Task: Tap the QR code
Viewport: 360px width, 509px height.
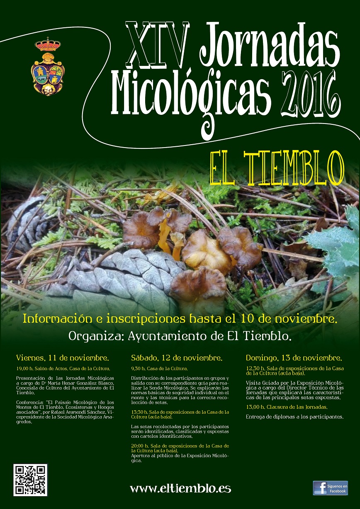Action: [30, 480]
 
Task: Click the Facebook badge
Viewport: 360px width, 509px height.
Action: [330, 488]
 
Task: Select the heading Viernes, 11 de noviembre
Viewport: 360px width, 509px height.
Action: [63, 357]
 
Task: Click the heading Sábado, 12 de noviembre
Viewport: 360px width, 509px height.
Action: [177, 357]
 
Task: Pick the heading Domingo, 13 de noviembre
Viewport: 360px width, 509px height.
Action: [294, 357]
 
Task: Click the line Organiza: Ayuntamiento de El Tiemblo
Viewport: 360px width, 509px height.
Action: [180, 336]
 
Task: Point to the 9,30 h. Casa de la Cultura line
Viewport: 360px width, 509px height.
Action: [159, 368]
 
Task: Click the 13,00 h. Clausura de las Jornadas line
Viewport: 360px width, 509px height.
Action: [287, 407]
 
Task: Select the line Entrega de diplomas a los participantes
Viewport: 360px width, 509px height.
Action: [294, 417]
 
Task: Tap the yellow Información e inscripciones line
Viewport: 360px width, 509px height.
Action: [180, 320]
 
